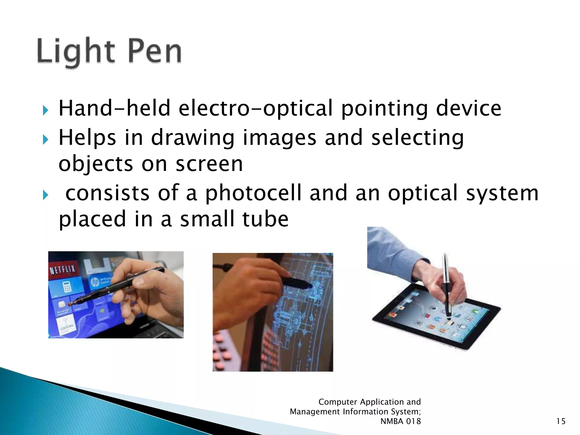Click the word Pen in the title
click(x=155, y=52)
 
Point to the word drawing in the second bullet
click(x=193, y=138)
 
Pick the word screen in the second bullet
click(x=209, y=164)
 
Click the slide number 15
click(x=560, y=421)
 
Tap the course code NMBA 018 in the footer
click(x=400, y=421)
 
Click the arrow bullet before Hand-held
click(x=46, y=110)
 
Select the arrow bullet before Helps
click(x=46, y=139)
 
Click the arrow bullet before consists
click(x=46, y=195)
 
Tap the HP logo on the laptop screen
click(x=95, y=282)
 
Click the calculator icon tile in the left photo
click(x=67, y=288)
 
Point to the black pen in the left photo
click(x=119, y=286)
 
